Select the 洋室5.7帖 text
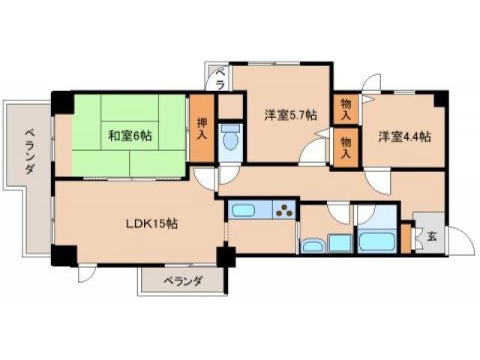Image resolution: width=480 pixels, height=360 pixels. tap(289, 115)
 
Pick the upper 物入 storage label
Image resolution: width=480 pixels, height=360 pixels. tap(345, 109)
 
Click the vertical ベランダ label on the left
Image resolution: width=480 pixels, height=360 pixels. tap(28, 150)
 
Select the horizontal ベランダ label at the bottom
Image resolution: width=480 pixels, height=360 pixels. tap(182, 282)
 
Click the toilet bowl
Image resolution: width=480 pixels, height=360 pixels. tap(231, 139)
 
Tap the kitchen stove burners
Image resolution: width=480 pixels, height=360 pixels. tap(285, 211)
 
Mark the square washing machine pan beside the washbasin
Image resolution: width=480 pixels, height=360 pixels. tap(339, 243)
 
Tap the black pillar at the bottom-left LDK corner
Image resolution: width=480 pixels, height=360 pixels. tap(61, 254)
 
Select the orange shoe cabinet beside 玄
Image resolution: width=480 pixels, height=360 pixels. tap(406, 239)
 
